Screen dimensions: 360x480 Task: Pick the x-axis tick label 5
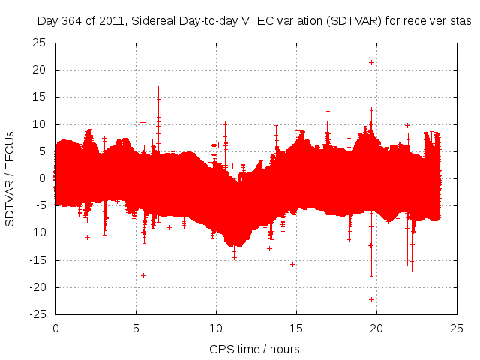pyautogui.click(x=136, y=328)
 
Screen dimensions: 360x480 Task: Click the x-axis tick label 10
pyautogui.click(x=216, y=328)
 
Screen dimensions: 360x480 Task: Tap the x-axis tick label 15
pyautogui.click(x=296, y=328)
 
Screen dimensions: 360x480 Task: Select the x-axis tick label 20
pyautogui.click(x=376, y=328)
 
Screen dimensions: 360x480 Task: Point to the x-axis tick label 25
pyautogui.click(x=457, y=328)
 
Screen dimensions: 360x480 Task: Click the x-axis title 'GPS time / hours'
pyautogui.click(x=254, y=349)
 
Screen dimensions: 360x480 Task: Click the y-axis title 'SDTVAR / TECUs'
pyautogui.click(x=10, y=178)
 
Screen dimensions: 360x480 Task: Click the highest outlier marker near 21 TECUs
pyautogui.click(x=371, y=62)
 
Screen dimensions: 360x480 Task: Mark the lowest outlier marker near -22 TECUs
pyautogui.click(x=371, y=299)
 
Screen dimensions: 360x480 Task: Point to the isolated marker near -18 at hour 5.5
pyautogui.click(x=143, y=275)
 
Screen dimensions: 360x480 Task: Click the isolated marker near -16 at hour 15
pyautogui.click(x=292, y=264)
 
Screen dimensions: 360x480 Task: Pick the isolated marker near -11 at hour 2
pyautogui.click(x=87, y=237)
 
